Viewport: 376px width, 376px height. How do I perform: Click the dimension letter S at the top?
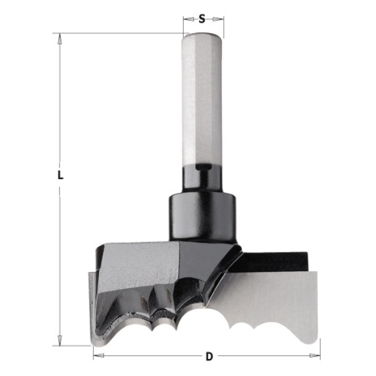click(202, 18)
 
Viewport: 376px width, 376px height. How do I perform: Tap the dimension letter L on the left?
click(60, 175)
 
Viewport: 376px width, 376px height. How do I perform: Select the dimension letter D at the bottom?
click(209, 357)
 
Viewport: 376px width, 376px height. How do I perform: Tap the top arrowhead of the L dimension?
click(60, 38)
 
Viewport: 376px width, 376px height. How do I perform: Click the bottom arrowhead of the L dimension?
click(60, 340)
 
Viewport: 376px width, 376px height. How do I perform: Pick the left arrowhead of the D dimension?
click(98, 355)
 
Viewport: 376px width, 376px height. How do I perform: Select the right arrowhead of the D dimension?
click(315, 355)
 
